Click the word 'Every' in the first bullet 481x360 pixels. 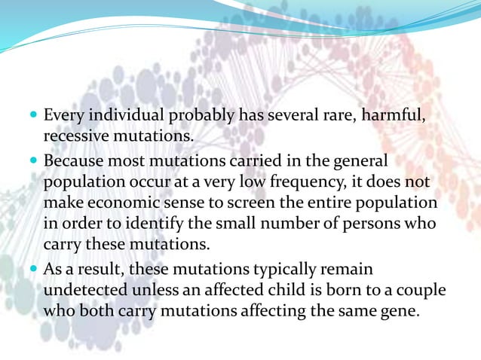pyautogui.click(x=62, y=117)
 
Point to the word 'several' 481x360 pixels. pyautogui.click(x=290, y=117)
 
